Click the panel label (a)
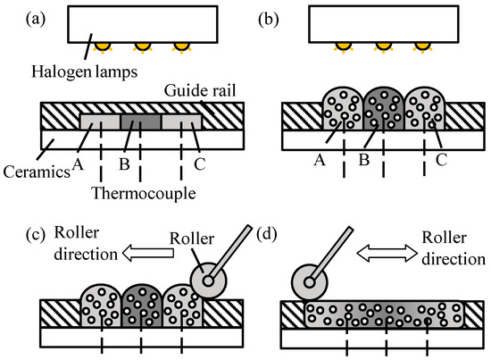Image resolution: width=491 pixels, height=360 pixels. pyautogui.click(x=36, y=19)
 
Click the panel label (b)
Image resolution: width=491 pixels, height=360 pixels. pyautogui.click(x=269, y=19)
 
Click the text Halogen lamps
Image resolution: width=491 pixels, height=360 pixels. pyautogui.click(x=85, y=72)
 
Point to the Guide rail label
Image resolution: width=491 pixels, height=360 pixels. pyautogui.click(x=200, y=91)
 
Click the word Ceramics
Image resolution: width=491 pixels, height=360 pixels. pyautogui.click(x=37, y=172)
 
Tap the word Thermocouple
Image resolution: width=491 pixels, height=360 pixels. pyautogui.click(x=144, y=193)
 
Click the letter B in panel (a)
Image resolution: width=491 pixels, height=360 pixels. pyautogui.click(x=124, y=163)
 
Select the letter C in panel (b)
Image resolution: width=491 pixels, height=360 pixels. pyautogui.click(x=441, y=161)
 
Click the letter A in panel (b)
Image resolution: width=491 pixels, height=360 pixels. pyautogui.click(x=320, y=160)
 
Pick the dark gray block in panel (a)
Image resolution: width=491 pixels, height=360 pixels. pyautogui.click(x=141, y=121)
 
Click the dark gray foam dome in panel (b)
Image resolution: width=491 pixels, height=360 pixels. pyautogui.click(x=384, y=109)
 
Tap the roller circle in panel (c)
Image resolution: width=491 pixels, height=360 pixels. pyautogui.click(x=208, y=280)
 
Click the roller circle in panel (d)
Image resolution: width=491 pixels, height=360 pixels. pyautogui.click(x=310, y=282)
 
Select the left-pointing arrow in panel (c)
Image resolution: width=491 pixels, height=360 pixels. pyautogui.click(x=148, y=253)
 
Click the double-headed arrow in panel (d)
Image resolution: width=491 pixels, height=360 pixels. pyautogui.click(x=387, y=253)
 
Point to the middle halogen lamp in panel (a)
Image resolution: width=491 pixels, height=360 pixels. pyautogui.click(x=143, y=46)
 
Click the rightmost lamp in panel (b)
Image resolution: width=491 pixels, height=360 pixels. pyautogui.click(x=423, y=46)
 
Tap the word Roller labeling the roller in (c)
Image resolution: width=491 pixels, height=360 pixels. pyautogui.click(x=192, y=239)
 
